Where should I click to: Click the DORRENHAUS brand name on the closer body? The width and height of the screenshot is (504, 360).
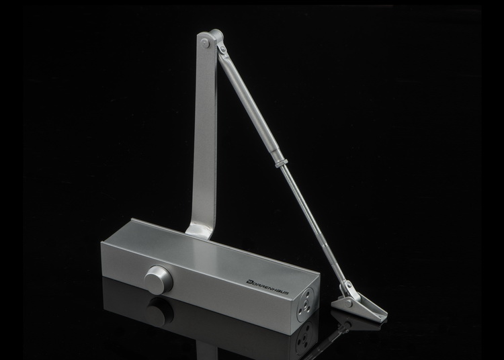click(x=267, y=286)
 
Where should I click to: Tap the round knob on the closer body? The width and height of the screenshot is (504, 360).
click(x=158, y=278)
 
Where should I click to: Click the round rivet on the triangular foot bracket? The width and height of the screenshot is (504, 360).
click(x=348, y=302)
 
